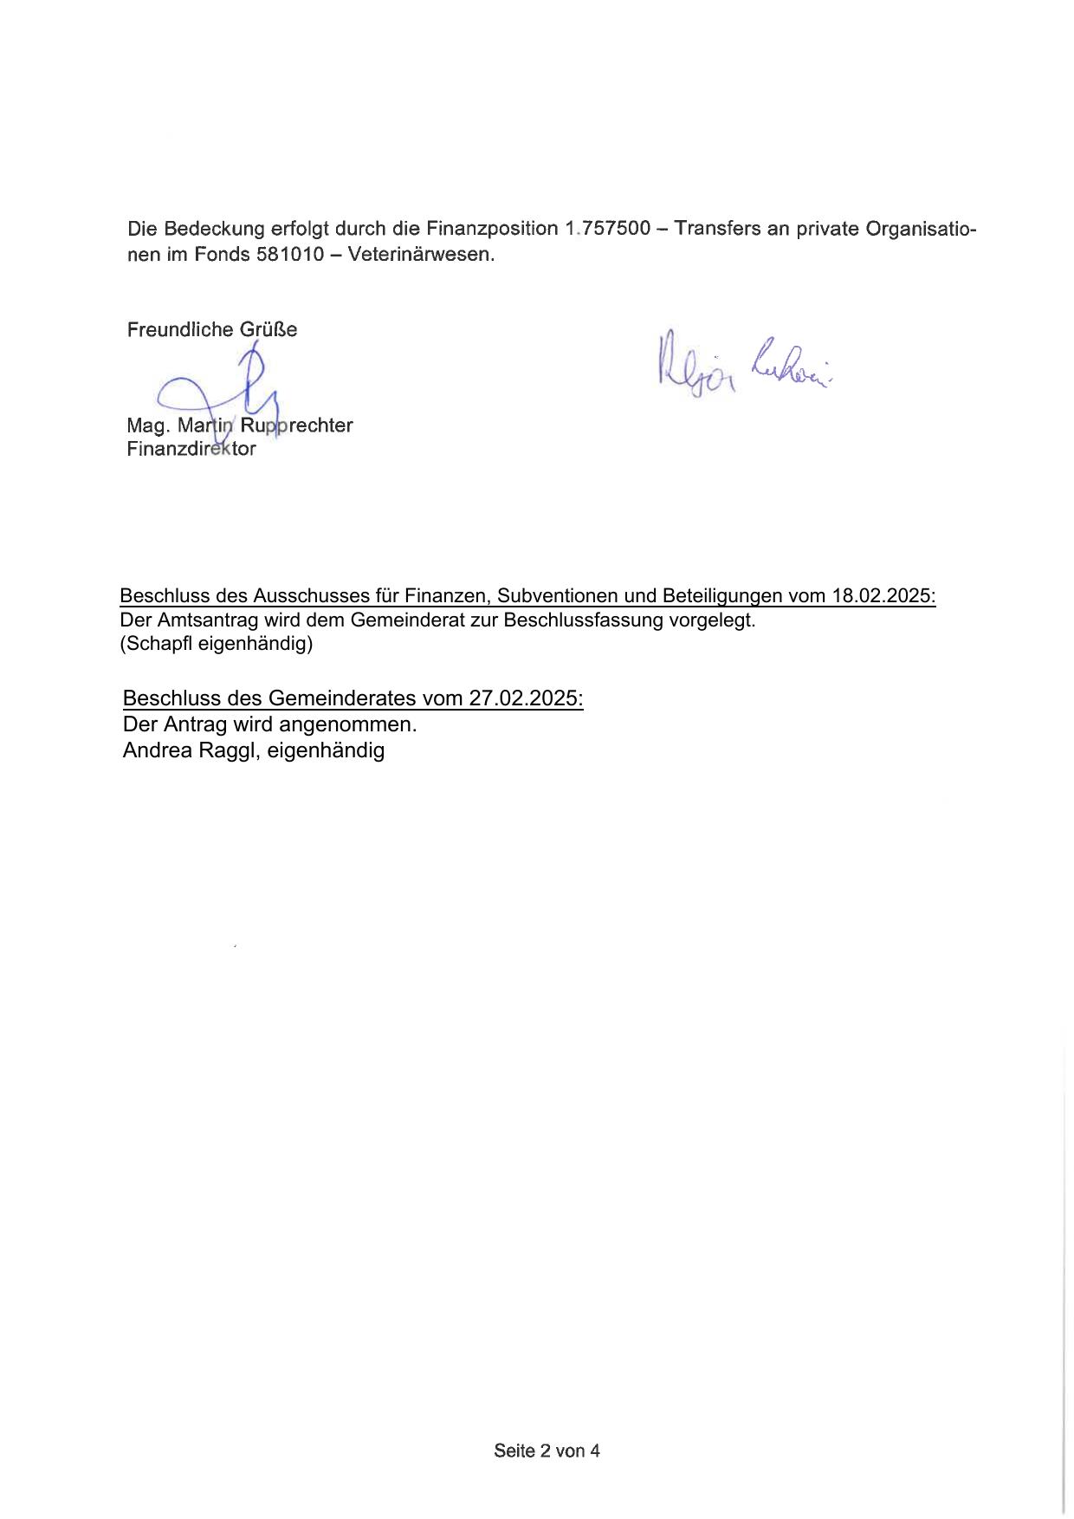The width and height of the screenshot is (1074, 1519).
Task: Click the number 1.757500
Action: coord(607,229)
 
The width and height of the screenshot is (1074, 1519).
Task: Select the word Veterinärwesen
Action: coord(420,256)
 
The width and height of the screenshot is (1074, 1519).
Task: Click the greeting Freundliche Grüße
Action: coord(212,329)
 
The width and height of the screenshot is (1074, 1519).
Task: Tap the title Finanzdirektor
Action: coord(191,449)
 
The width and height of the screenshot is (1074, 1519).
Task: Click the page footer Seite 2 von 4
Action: coord(547,1451)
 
